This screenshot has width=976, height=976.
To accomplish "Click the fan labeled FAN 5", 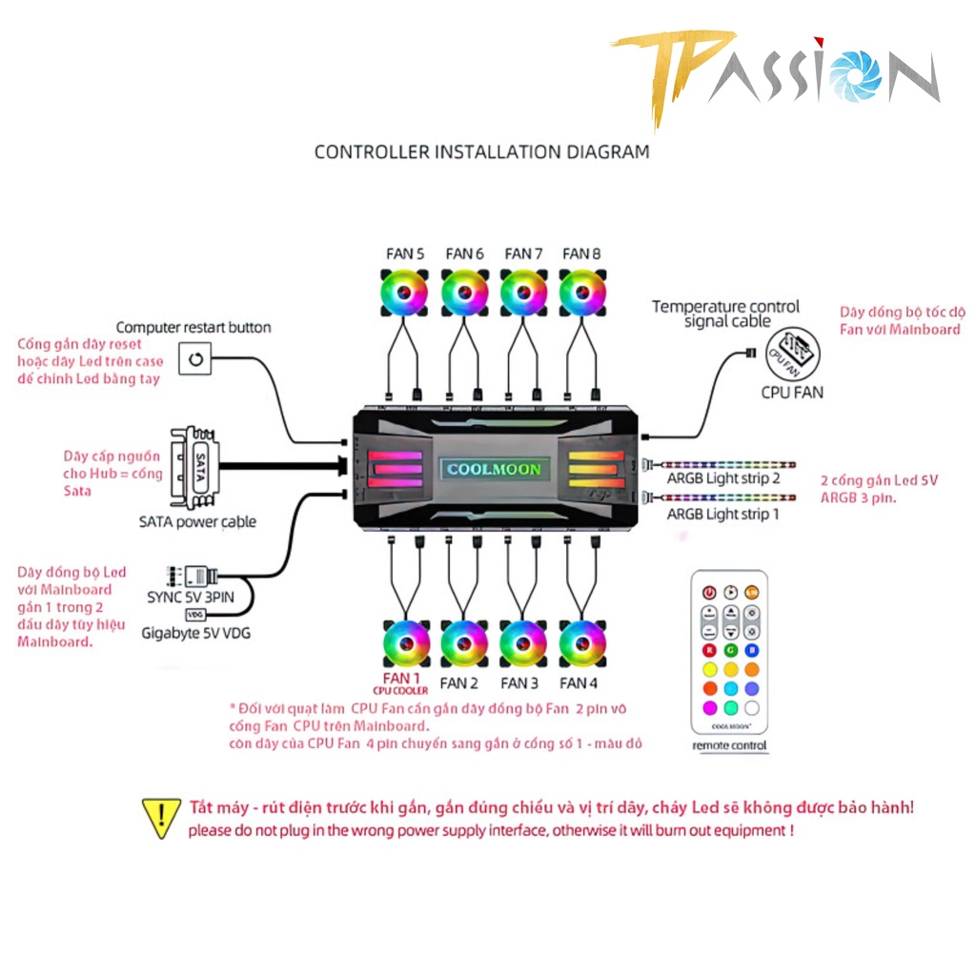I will (x=405, y=293).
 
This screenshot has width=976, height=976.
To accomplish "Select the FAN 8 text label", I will (x=581, y=254).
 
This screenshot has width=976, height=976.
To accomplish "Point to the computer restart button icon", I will (x=196, y=359).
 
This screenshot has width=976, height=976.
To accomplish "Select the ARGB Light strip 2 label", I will (x=723, y=478).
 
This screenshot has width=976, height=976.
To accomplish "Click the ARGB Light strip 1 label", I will (x=722, y=514).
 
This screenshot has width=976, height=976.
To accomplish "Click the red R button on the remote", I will (x=709, y=650).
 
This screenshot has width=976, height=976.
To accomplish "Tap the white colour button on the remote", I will (x=752, y=707).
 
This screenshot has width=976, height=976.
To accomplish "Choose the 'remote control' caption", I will (x=729, y=745).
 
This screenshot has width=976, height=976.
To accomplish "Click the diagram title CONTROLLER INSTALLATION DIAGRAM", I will (x=482, y=152).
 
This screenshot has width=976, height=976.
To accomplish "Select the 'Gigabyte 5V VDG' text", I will (x=195, y=632).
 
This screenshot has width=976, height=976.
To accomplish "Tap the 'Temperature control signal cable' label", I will (x=726, y=314).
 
